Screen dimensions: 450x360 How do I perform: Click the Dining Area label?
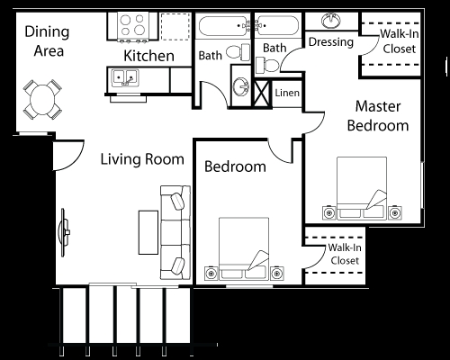tap(47, 41)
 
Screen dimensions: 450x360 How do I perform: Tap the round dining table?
tap(42, 100)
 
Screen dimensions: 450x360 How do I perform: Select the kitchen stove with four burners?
tap(133, 26)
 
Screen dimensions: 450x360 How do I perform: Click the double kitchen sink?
tap(125, 77)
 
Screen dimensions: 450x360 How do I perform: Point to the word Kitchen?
tap(148, 56)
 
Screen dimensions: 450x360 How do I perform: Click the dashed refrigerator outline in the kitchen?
tap(175, 26)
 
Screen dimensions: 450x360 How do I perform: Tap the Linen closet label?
tap(287, 93)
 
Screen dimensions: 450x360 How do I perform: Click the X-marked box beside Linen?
tap(262, 93)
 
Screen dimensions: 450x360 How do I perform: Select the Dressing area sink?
tap(331, 21)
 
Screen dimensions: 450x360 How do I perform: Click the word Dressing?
tap(331, 42)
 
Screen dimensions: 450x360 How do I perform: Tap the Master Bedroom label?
tap(378, 116)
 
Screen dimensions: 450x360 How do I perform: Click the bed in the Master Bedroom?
tap(362, 188)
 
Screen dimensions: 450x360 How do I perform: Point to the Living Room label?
tap(142, 159)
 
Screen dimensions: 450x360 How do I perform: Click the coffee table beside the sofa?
tap(148, 232)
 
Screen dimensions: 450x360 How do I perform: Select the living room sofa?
tap(175, 232)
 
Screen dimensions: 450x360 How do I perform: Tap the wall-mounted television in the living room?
tap(64, 232)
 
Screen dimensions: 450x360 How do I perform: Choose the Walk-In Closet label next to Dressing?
tap(400, 41)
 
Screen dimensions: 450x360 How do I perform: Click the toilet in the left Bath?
tap(238, 52)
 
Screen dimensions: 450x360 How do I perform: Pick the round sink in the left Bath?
tap(241, 86)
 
